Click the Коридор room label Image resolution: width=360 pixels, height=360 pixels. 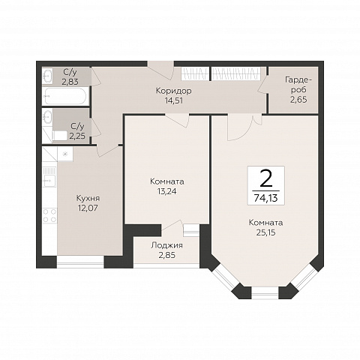(173, 91)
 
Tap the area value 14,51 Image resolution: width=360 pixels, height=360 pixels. (173, 100)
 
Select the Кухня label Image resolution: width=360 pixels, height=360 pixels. (88, 198)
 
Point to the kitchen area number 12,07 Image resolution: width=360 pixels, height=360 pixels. (88, 208)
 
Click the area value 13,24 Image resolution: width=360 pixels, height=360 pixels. (166, 191)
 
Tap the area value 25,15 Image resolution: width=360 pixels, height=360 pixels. (265, 232)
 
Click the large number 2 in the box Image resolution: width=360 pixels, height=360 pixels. (265, 178)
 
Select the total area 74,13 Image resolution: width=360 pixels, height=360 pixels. (265, 198)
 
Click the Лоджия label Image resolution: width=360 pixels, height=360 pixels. (166, 245)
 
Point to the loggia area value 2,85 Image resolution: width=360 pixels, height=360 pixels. (166, 255)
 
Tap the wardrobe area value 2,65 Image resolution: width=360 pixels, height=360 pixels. (298, 100)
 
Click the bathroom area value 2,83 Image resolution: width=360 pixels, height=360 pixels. (70, 82)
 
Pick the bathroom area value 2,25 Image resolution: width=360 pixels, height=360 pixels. (77, 136)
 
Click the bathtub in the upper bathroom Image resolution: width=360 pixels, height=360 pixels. (65, 96)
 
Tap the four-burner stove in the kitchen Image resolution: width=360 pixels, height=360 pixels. (49, 216)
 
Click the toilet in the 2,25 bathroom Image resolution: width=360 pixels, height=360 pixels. (59, 136)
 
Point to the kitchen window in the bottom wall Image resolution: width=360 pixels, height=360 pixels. (80, 262)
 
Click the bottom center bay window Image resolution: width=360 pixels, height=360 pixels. (265, 293)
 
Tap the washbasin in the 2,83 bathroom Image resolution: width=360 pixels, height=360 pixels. (47, 75)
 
